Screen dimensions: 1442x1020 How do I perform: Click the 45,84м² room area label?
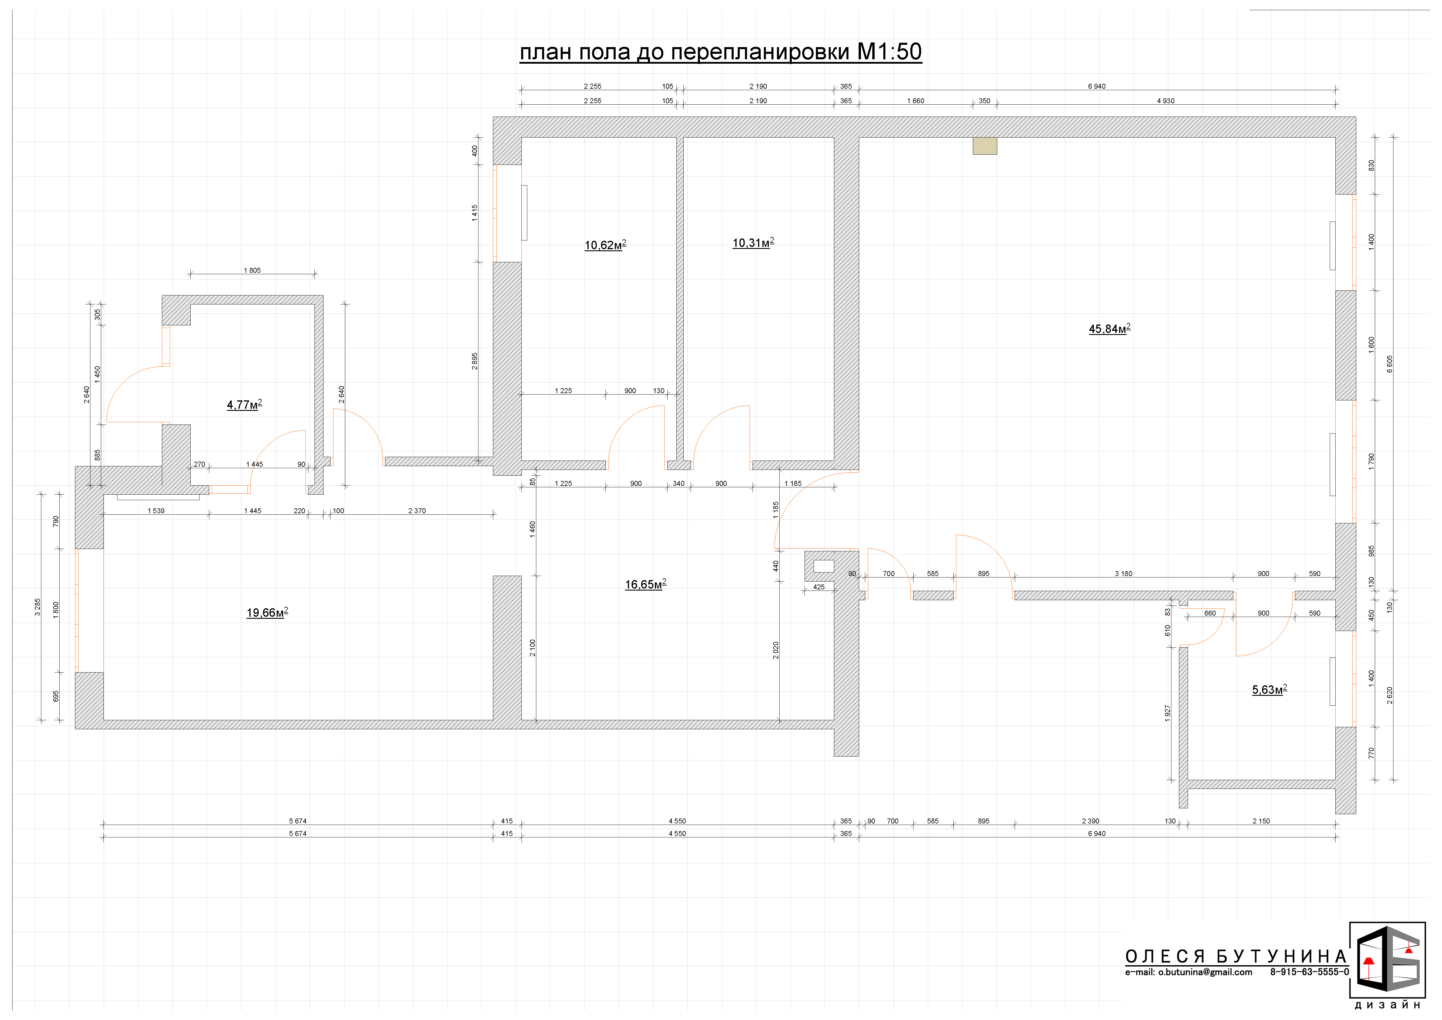pyautogui.click(x=1109, y=329)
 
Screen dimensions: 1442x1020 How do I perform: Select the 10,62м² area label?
pyautogui.click(x=605, y=245)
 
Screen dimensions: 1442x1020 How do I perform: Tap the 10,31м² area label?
pyautogui.click(x=753, y=242)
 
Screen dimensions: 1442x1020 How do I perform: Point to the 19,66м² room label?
pyautogui.click(x=267, y=612)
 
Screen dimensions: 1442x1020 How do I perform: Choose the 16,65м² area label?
pyautogui.click(x=645, y=584)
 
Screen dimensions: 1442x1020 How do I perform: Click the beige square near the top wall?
pyautogui.click(x=985, y=146)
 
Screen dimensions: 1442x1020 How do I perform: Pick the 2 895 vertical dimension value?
pyautogui.click(x=475, y=361)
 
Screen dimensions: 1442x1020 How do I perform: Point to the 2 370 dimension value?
pyautogui.click(x=417, y=511)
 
